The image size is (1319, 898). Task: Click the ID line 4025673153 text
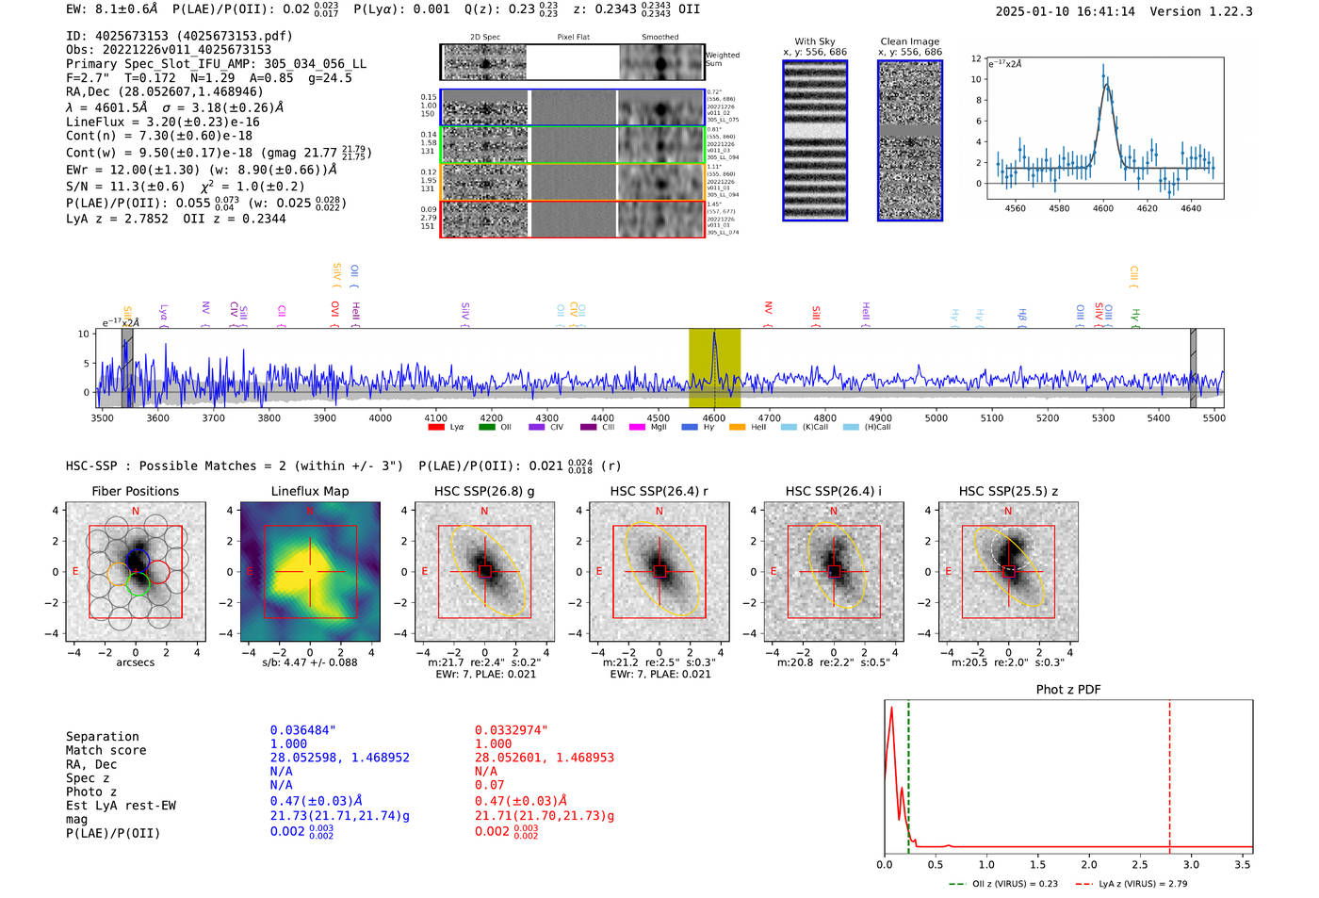(x=179, y=36)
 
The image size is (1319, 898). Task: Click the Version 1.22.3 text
(x=1210, y=11)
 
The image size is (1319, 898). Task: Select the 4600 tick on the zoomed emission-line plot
(x=1102, y=207)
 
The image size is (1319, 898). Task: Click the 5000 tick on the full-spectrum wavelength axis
(x=936, y=417)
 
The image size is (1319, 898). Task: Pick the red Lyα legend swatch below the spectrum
(x=436, y=427)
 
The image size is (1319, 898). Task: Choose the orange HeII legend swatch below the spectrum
(x=737, y=427)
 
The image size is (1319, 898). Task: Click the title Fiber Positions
(x=135, y=491)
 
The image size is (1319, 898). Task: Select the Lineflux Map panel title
(x=309, y=491)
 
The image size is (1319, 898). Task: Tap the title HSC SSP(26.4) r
(x=659, y=491)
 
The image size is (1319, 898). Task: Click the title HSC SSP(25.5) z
(x=1008, y=491)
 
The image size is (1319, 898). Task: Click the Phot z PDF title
(x=1068, y=689)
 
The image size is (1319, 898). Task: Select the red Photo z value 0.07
(x=489, y=785)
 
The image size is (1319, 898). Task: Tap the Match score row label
(x=106, y=750)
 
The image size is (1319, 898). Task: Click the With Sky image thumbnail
(x=815, y=140)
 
